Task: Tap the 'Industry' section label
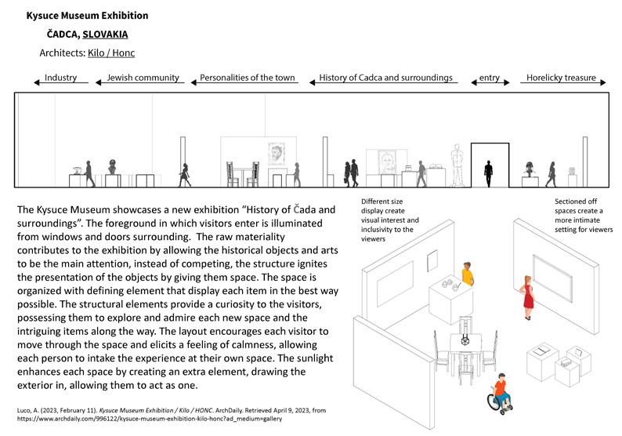click(60, 78)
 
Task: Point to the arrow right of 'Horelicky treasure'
click(603, 79)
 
